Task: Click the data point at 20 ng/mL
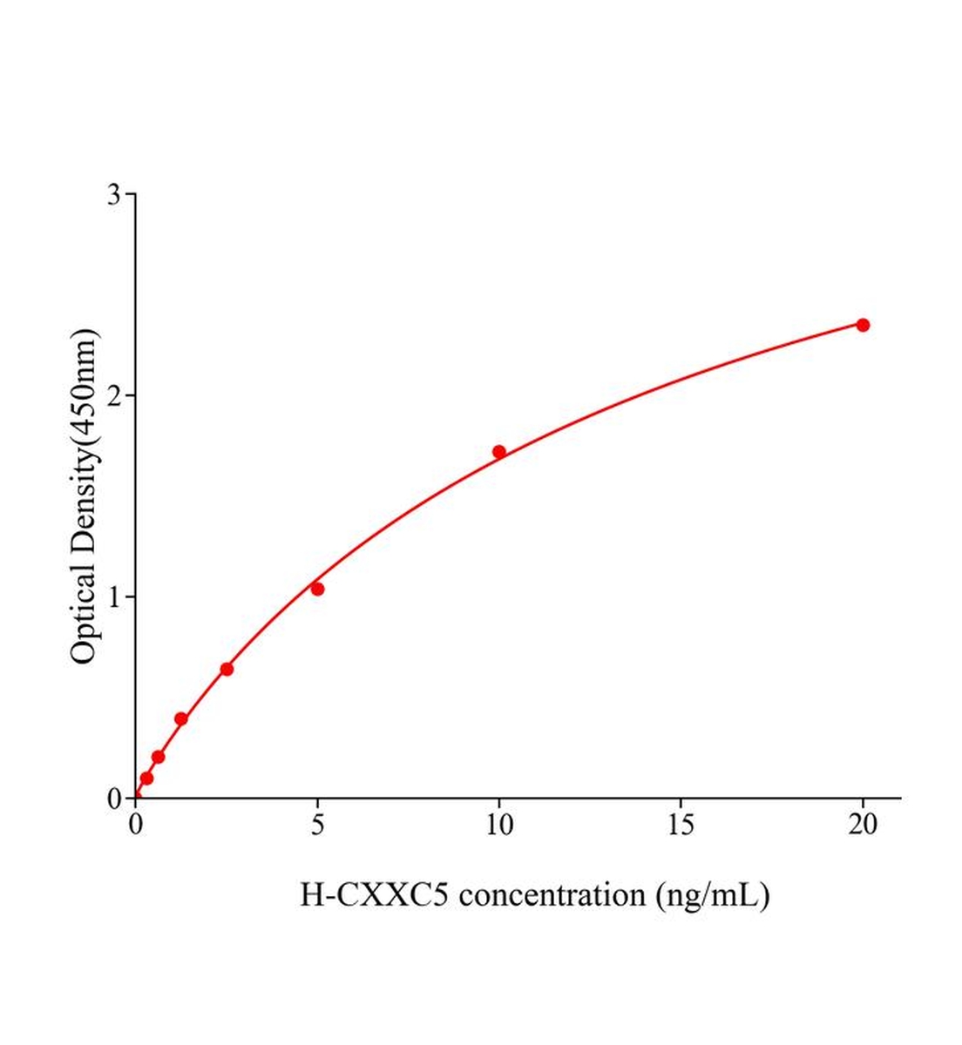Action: (x=863, y=325)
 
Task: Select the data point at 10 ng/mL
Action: (x=499, y=452)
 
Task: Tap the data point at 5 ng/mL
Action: (x=317, y=590)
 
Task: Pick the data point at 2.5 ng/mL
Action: (x=227, y=670)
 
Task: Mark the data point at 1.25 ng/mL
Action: (x=181, y=719)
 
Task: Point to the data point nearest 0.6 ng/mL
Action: (x=158, y=757)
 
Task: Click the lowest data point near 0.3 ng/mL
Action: (x=146, y=779)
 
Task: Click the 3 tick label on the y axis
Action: (x=114, y=194)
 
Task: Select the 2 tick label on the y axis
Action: (x=114, y=395)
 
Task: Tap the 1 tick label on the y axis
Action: (x=114, y=597)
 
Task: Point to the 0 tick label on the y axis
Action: (x=114, y=799)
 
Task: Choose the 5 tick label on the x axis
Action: (x=317, y=826)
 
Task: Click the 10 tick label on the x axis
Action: (x=499, y=826)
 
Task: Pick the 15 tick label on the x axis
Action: (x=681, y=826)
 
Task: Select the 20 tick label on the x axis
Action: (x=863, y=826)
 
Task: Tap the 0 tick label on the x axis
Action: (x=136, y=826)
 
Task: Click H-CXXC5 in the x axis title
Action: (x=375, y=895)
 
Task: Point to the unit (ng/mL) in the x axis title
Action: (x=713, y=896)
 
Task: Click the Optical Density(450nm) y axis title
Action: (x=85, y=496)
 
